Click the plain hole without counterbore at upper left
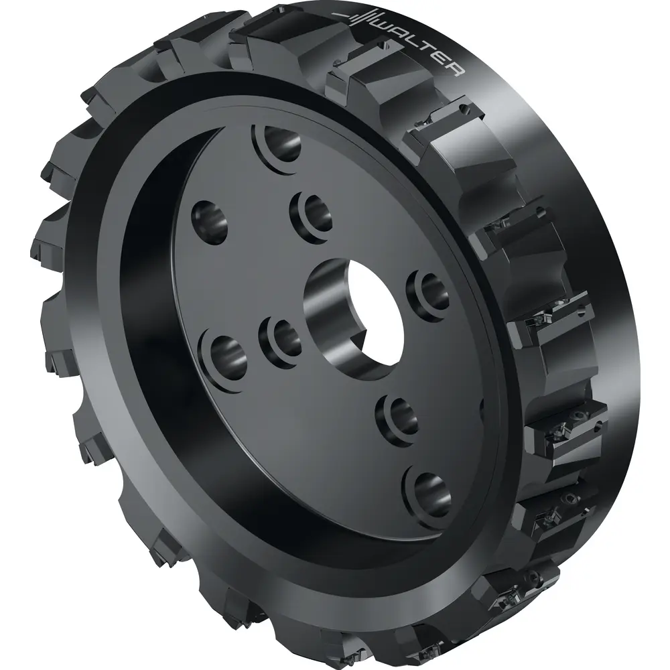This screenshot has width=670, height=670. [209, 220]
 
